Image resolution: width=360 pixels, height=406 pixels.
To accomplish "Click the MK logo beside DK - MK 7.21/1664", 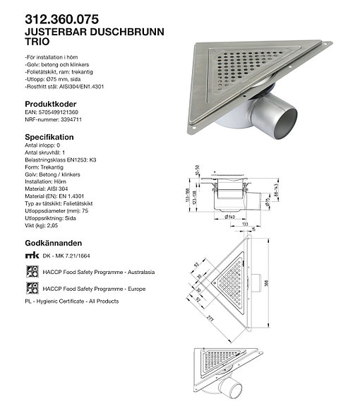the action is point(31,255).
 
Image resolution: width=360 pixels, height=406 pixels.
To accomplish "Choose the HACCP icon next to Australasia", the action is point(31,271).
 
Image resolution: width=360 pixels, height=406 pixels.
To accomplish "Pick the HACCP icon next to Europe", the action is point(31,288).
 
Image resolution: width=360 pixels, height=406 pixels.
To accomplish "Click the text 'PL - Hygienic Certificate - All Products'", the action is point(72,301).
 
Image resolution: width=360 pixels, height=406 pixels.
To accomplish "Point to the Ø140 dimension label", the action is point(231,217).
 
